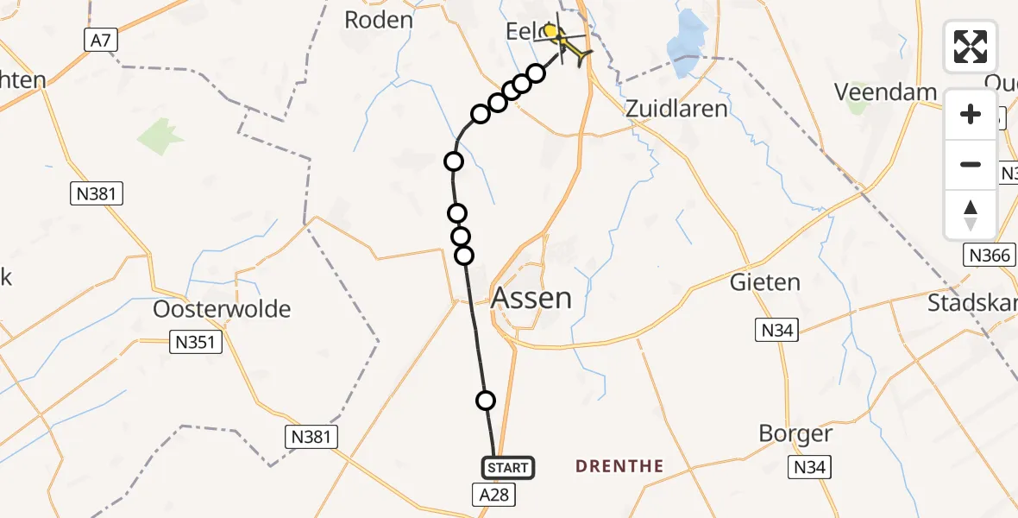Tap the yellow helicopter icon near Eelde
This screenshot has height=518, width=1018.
566,42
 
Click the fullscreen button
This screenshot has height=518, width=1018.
971,47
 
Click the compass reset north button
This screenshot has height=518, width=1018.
971,215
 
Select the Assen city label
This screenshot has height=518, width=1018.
531,299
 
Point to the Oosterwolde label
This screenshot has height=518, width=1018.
222,309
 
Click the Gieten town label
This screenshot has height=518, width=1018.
764,282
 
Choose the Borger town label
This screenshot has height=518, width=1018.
795,433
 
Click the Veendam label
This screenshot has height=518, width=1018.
886,92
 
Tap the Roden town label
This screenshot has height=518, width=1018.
378,20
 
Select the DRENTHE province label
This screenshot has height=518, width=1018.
619,467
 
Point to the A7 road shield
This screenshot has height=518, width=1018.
100,40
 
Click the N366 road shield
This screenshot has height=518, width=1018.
988,255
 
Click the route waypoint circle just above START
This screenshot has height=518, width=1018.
486,400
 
